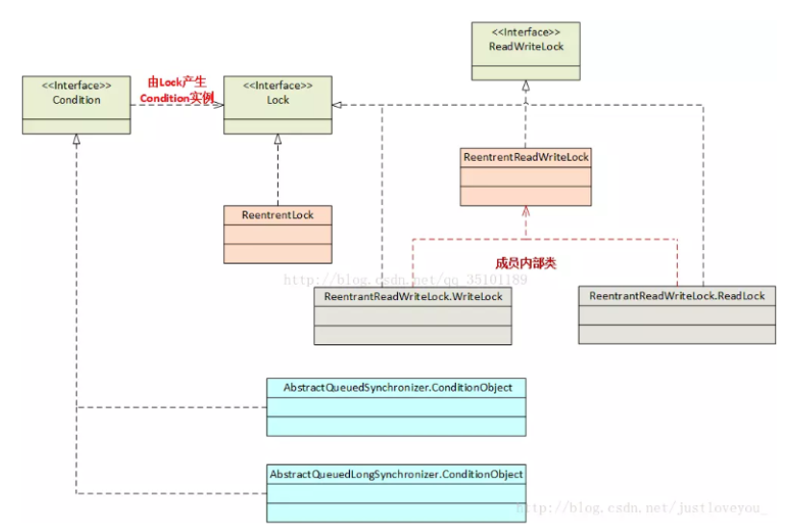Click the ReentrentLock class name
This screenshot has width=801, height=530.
tap(278, 215)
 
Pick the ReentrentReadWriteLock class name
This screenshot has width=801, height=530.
tap(526, 157)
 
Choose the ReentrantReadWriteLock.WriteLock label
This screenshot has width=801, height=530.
tap(413, 296)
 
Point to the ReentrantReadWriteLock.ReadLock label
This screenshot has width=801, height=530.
tap(677, 295)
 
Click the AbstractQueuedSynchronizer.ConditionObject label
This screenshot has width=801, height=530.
tap(395, 388)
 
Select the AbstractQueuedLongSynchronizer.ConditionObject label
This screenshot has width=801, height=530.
tap(396, 474)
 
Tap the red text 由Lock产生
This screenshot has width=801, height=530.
tap(176, 83)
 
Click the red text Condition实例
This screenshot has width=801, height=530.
tap(177, 98)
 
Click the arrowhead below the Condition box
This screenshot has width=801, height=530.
tap(76, 139)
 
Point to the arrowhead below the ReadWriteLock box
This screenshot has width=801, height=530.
tap(525, 87)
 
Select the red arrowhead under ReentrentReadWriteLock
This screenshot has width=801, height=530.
tap(525, 212)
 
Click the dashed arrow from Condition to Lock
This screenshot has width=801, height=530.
tap(177, 105)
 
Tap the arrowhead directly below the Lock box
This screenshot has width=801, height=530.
tap(278, 139)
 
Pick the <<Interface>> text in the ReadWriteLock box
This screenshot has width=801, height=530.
tap(525, 31)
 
